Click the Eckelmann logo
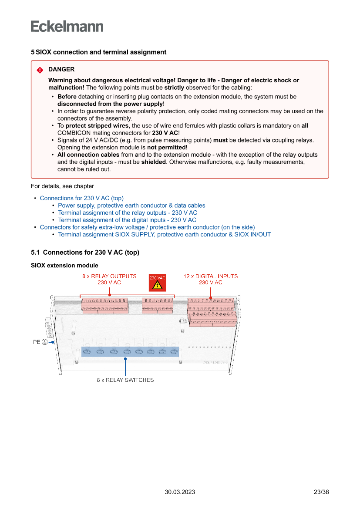67,26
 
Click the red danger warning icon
40,70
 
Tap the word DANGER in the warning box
61,69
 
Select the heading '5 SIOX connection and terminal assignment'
98,52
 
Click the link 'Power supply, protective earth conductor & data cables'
131,206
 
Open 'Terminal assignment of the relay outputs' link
128,213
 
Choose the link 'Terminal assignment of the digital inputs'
127,220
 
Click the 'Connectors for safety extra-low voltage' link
147,227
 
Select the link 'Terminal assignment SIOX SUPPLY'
164,234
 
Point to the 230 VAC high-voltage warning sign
157,283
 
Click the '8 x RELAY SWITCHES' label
125,380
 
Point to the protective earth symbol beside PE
44,342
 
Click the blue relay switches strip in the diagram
130,351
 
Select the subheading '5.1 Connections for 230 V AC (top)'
85,253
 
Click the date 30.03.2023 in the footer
180,492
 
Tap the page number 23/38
321,492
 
